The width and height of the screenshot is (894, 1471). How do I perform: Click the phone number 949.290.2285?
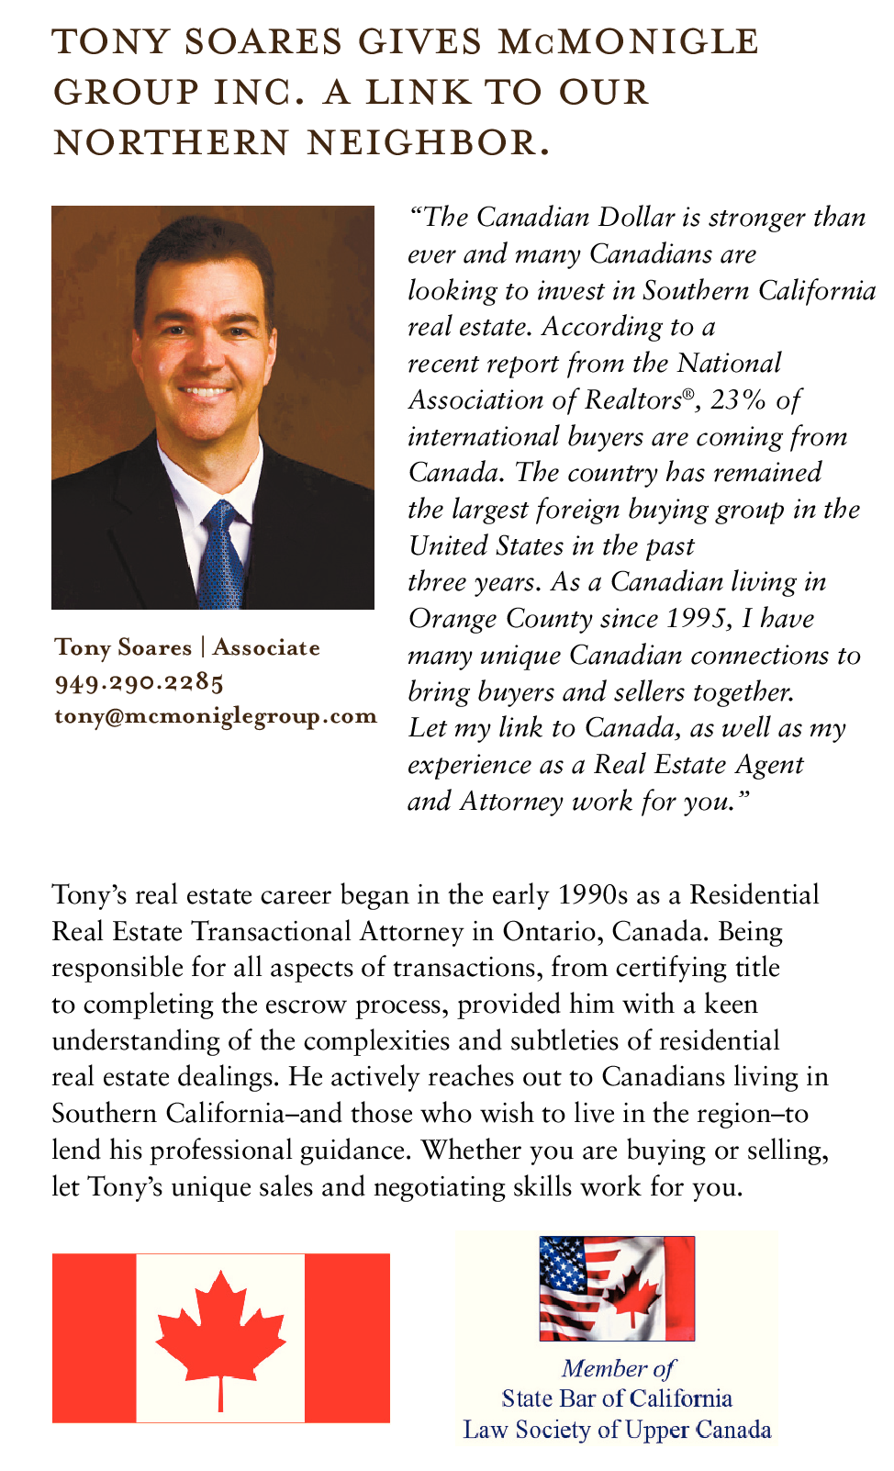point(140,682)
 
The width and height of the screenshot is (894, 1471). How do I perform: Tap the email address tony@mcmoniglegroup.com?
point(216,716)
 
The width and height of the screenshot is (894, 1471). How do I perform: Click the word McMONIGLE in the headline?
point(628,42)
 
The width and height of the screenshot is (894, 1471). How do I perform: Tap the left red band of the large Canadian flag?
point(94,1338)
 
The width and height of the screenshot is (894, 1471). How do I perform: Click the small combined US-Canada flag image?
point(617,1288)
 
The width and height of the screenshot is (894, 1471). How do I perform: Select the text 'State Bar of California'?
point(617,1398)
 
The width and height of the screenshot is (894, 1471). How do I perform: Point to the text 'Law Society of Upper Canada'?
point(617,1430)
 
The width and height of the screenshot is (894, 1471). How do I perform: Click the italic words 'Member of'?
point(617,1368)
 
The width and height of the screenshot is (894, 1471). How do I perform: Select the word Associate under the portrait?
point(266,648)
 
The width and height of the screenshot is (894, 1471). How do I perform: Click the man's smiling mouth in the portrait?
point(206,392)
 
